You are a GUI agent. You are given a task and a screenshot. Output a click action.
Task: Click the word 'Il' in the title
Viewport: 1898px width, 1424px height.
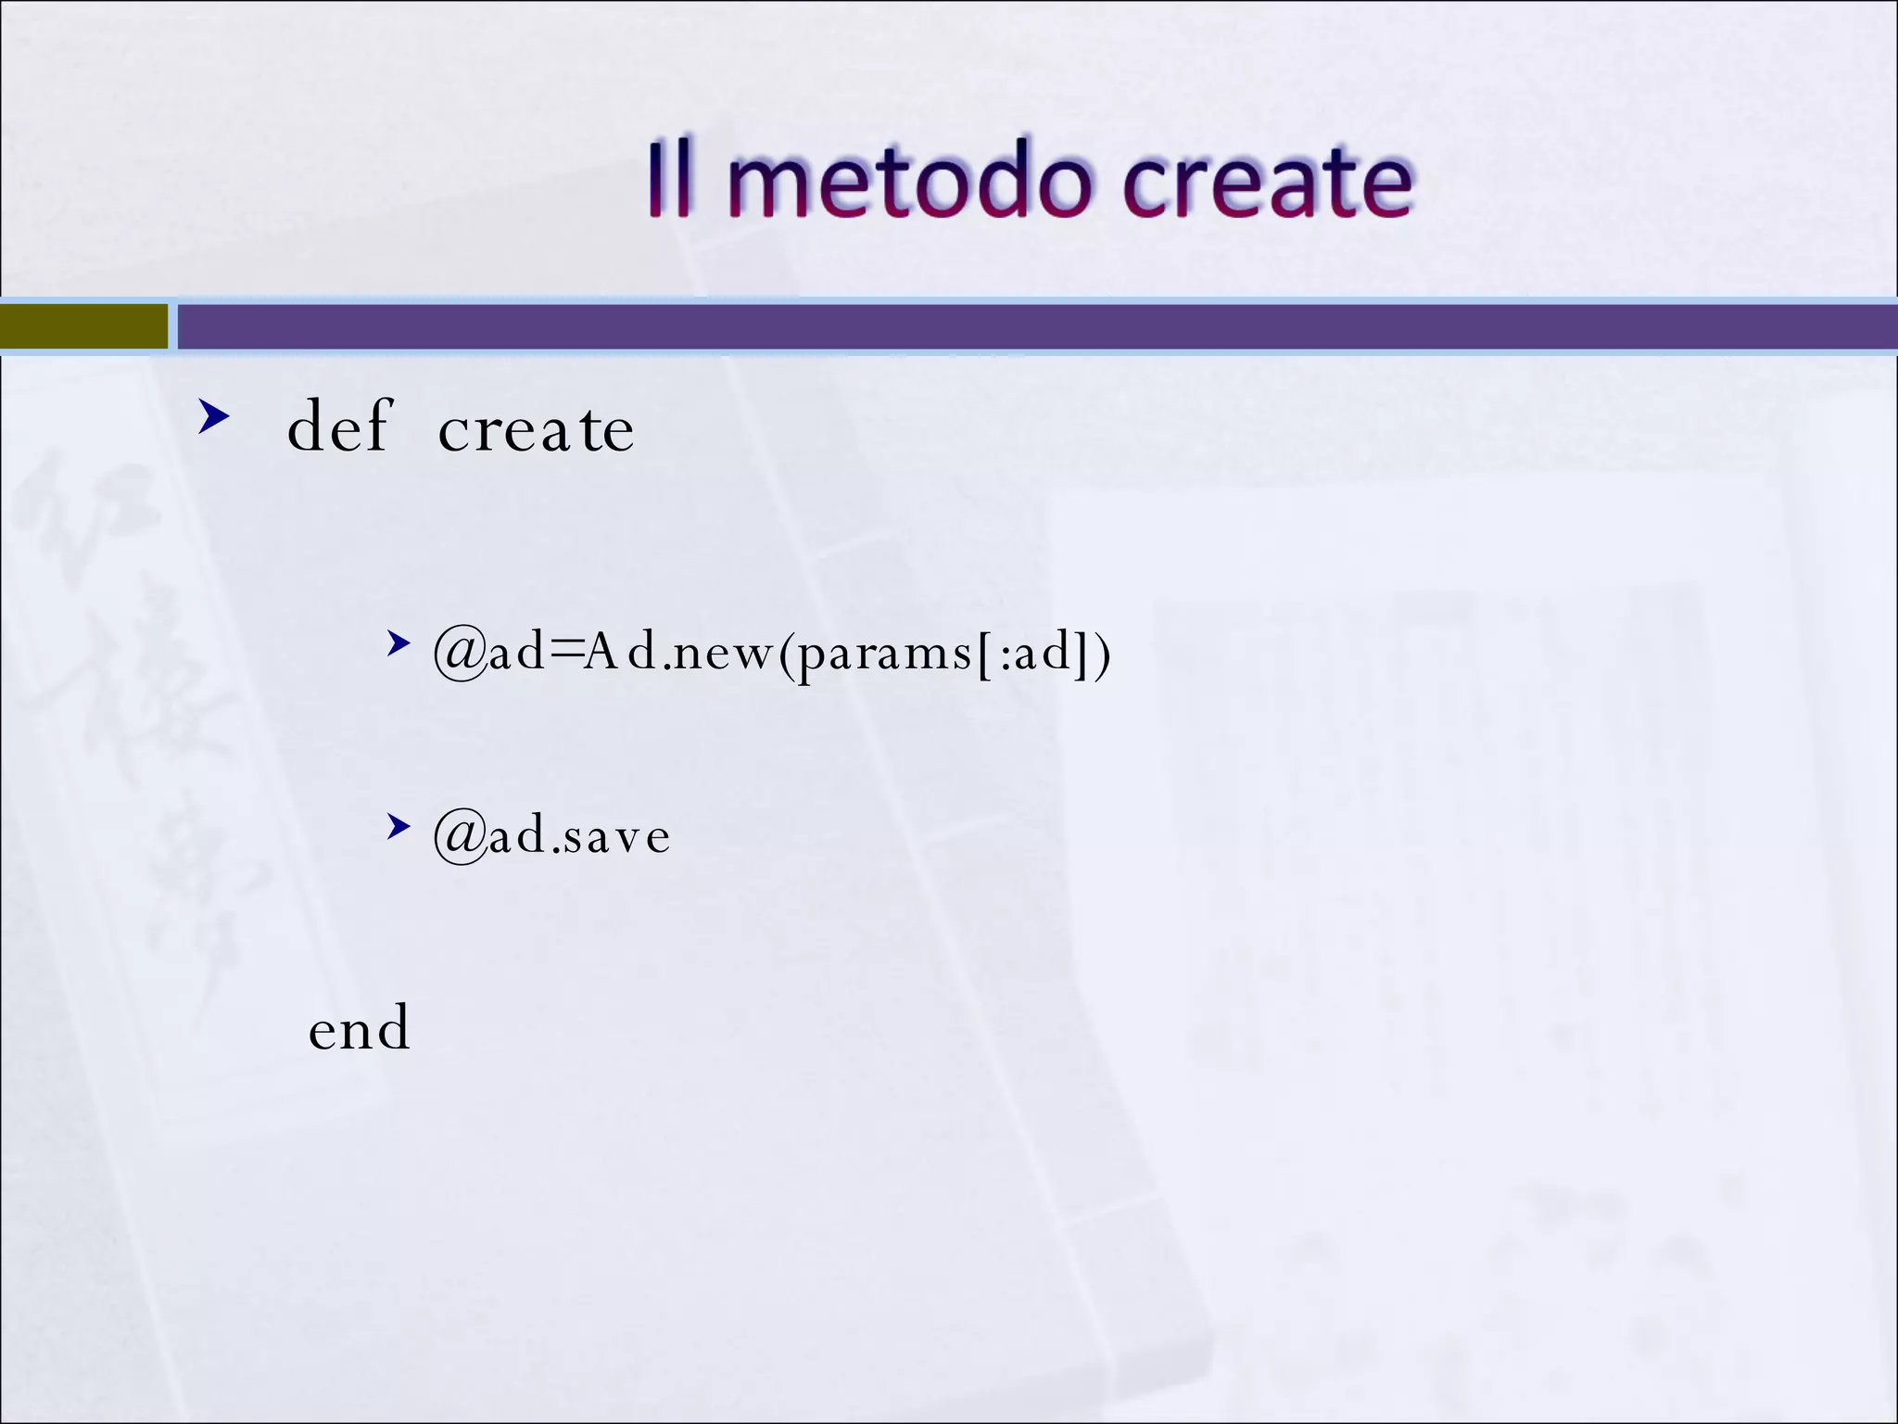click(669, 181)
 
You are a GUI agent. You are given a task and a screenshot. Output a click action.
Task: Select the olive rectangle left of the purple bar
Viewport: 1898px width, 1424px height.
click(83, 327)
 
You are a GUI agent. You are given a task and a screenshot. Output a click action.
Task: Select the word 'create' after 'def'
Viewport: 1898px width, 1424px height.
click(536, 430)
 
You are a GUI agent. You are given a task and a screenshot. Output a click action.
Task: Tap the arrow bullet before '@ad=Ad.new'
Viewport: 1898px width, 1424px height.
click(399, 642)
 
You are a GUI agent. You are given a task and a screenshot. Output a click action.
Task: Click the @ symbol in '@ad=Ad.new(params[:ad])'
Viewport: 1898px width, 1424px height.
click(461, 654)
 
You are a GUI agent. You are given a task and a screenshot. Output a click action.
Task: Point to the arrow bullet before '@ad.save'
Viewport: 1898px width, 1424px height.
click(399, 826)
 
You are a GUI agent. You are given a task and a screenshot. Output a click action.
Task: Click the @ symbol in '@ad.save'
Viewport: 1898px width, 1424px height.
click(461, 836)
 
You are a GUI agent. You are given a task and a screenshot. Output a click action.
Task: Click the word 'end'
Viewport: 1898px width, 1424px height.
click(359, 1029)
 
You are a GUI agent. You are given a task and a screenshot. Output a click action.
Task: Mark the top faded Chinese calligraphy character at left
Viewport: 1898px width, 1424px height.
click(83, 519)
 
